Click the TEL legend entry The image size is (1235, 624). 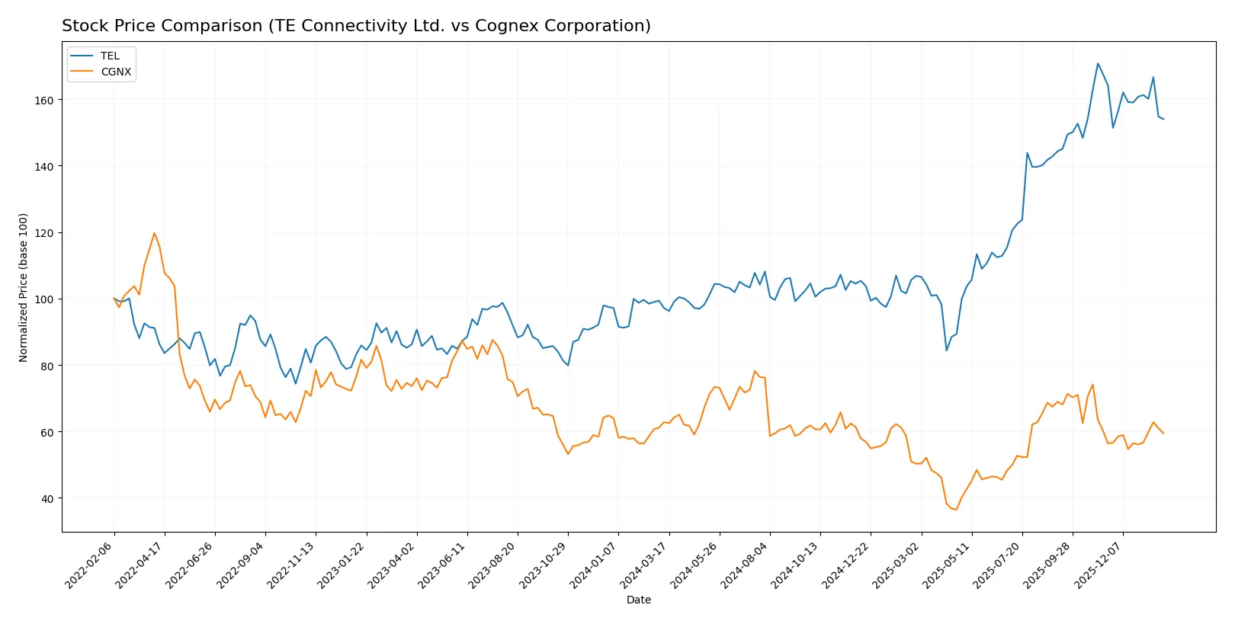110,56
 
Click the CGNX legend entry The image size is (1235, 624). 116,72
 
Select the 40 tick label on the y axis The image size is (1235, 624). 47,498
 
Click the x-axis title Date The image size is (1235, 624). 638,600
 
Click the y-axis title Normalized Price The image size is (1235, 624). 23,287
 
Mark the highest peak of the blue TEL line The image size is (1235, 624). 1098,63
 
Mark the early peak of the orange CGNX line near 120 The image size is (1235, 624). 154,233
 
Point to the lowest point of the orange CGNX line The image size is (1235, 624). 956,510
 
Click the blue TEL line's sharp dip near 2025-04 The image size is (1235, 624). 947,350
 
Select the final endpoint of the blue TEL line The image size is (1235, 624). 1163,119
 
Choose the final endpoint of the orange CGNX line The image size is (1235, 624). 1163,434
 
